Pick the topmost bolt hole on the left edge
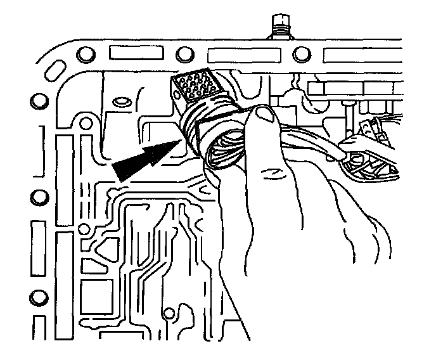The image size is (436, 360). (37, 100)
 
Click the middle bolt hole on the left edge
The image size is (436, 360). (37, 196)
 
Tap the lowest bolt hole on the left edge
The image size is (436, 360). (37, 296)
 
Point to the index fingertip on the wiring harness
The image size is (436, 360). (347, 152)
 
